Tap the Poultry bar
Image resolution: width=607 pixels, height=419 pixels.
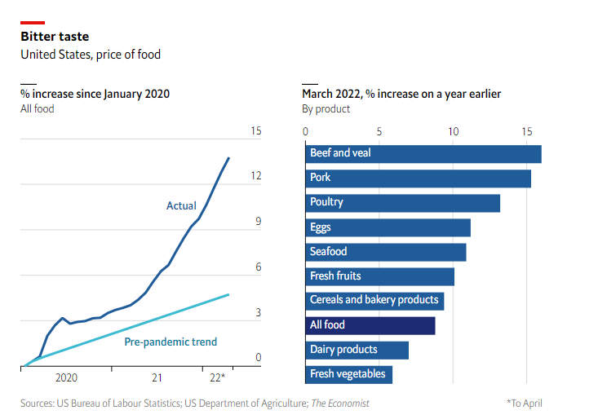[x=402, y=202]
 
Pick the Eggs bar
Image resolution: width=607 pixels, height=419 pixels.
[x=388, y=227]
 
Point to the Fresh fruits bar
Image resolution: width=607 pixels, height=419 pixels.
[x=379, y=276]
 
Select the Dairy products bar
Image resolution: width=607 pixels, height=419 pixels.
[x=357, y=350]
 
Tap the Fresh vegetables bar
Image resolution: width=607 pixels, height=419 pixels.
[x=348, y=374]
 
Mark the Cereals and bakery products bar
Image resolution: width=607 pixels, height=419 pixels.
[x=374, y=301]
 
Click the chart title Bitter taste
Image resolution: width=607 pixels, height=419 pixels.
[x=55, y=37]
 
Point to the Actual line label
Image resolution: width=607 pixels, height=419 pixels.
[x=181, y=205]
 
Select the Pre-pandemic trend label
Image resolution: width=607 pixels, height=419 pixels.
[x=171, y=342]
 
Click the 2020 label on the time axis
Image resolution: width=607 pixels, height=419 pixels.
[x=66, y=378]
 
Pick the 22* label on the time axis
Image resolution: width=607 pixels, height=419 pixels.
[x=217, y=378]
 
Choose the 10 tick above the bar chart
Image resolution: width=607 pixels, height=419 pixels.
[x=453, y=131]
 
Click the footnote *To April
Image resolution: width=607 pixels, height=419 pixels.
[x=524, y=403]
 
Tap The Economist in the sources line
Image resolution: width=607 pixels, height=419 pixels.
[x=339, y=403]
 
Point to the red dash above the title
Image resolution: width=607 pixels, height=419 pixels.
[x=33, y=23]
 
